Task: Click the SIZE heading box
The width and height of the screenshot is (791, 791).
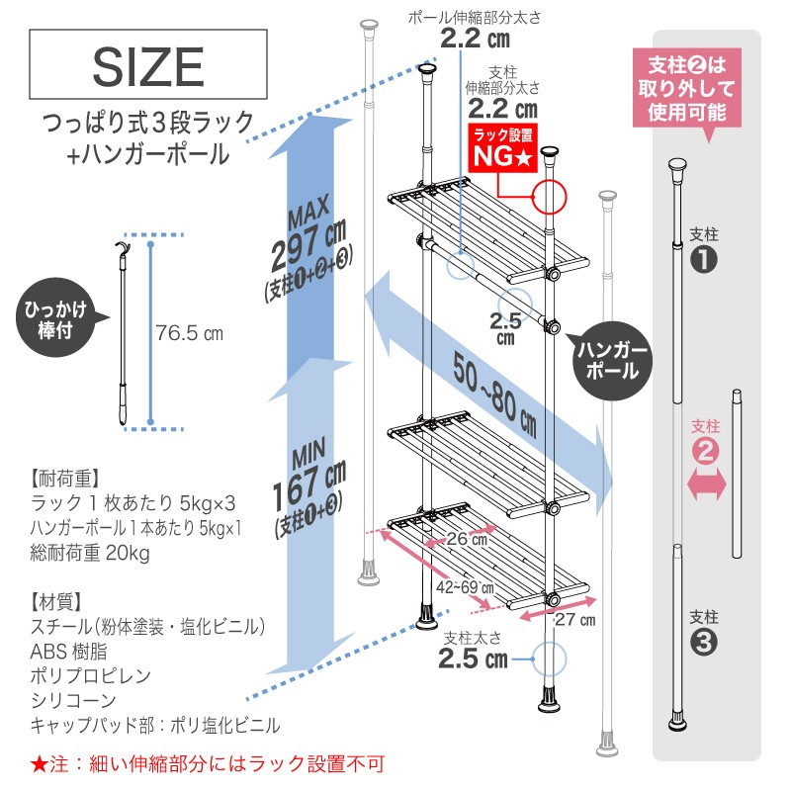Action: point(147,64)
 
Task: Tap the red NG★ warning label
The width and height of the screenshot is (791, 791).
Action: point(503,148)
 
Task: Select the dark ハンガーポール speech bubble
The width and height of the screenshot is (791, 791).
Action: point(612,361)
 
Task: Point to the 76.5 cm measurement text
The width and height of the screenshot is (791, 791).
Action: point(189,333)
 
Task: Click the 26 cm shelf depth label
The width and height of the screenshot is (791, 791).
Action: point(467,539)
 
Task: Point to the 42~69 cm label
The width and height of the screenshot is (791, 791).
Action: point(465,587)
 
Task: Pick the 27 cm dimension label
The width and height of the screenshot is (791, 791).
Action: point(575,620)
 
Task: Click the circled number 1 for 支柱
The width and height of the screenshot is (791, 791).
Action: point(703,260)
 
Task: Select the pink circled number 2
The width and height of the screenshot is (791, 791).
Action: point(705,451)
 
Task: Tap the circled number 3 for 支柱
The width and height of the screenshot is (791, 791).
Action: point(703,643)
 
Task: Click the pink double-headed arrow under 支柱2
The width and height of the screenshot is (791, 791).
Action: point(706,484)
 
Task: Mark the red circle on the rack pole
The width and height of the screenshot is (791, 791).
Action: point(551,197)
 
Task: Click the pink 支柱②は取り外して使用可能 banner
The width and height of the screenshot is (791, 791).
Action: point(687,88)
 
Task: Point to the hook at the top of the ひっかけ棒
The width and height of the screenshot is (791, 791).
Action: point(122,248)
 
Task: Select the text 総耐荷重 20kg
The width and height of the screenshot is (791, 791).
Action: point(90,553)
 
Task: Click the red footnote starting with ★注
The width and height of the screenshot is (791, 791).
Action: point(208,763)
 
